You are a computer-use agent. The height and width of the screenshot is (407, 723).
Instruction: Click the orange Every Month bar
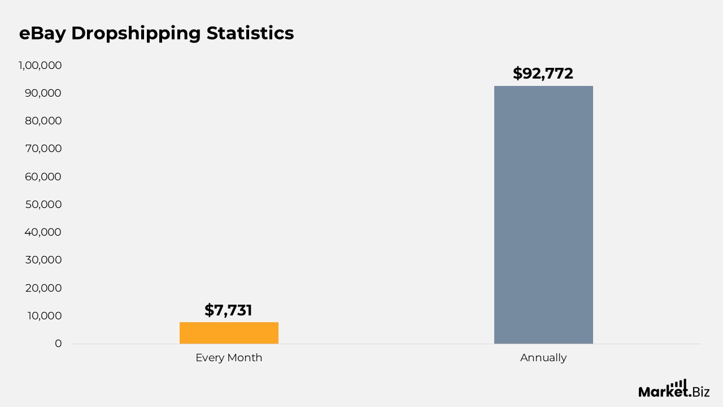tap(229, 333)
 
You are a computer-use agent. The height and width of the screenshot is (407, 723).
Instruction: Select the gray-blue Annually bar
tap(543, 215)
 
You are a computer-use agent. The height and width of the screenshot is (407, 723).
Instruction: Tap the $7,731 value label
tap(228, 310)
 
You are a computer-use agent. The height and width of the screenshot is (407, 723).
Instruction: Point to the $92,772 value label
tap(543, 73)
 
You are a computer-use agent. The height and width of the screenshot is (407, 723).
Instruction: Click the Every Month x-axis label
tap(229, 358)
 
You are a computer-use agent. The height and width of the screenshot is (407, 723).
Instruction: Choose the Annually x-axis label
tap(543, 358)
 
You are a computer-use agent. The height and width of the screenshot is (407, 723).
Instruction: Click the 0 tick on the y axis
tap(58, 344)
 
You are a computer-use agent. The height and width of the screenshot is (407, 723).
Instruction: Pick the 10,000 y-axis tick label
tap(43, 316)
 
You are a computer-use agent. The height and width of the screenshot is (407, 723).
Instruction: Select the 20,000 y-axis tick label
tap(43, 288)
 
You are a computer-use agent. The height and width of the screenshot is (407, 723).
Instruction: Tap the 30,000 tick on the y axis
tap(43, 260)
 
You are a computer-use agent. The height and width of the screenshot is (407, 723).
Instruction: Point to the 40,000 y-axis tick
tap(43, 232)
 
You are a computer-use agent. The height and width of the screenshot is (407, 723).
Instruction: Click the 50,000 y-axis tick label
tap(43, 205)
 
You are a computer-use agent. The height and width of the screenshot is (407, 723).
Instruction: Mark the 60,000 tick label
tap(43, 177)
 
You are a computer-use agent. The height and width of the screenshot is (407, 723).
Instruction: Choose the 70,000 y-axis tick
tap(43, 149)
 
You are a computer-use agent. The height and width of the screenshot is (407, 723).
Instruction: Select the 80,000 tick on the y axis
tap(43, 121)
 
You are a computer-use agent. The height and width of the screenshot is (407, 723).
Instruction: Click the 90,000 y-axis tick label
tap(43, 93)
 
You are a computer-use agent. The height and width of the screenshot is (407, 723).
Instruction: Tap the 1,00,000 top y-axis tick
tap(40, 66)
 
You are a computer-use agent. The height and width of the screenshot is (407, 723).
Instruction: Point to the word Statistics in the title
tap(250, 33)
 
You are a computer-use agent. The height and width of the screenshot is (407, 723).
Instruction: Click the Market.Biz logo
tap(674, 389)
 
